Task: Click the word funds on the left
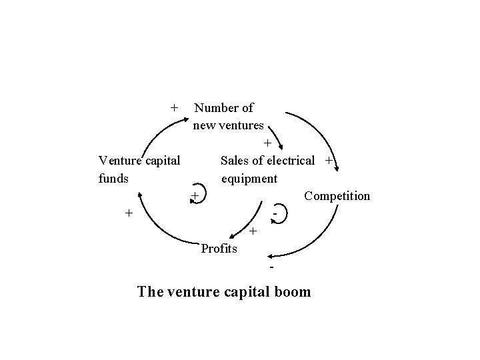pyautogui.click(x=113, y=179)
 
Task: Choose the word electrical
pyautogui.click(x=291, y=161)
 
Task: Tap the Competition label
pyautogui.click(x=336, y=196)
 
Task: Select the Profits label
pyautogui.click(x=219, y=249)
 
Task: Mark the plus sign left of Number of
pyautogui.click(x=174, y=107)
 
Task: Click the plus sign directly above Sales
pyautogui.click(x=267, y=143)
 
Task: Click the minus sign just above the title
pyautogui.click(x=272, y=267)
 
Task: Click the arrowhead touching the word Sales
pyautogui.click(x=283, y=148)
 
